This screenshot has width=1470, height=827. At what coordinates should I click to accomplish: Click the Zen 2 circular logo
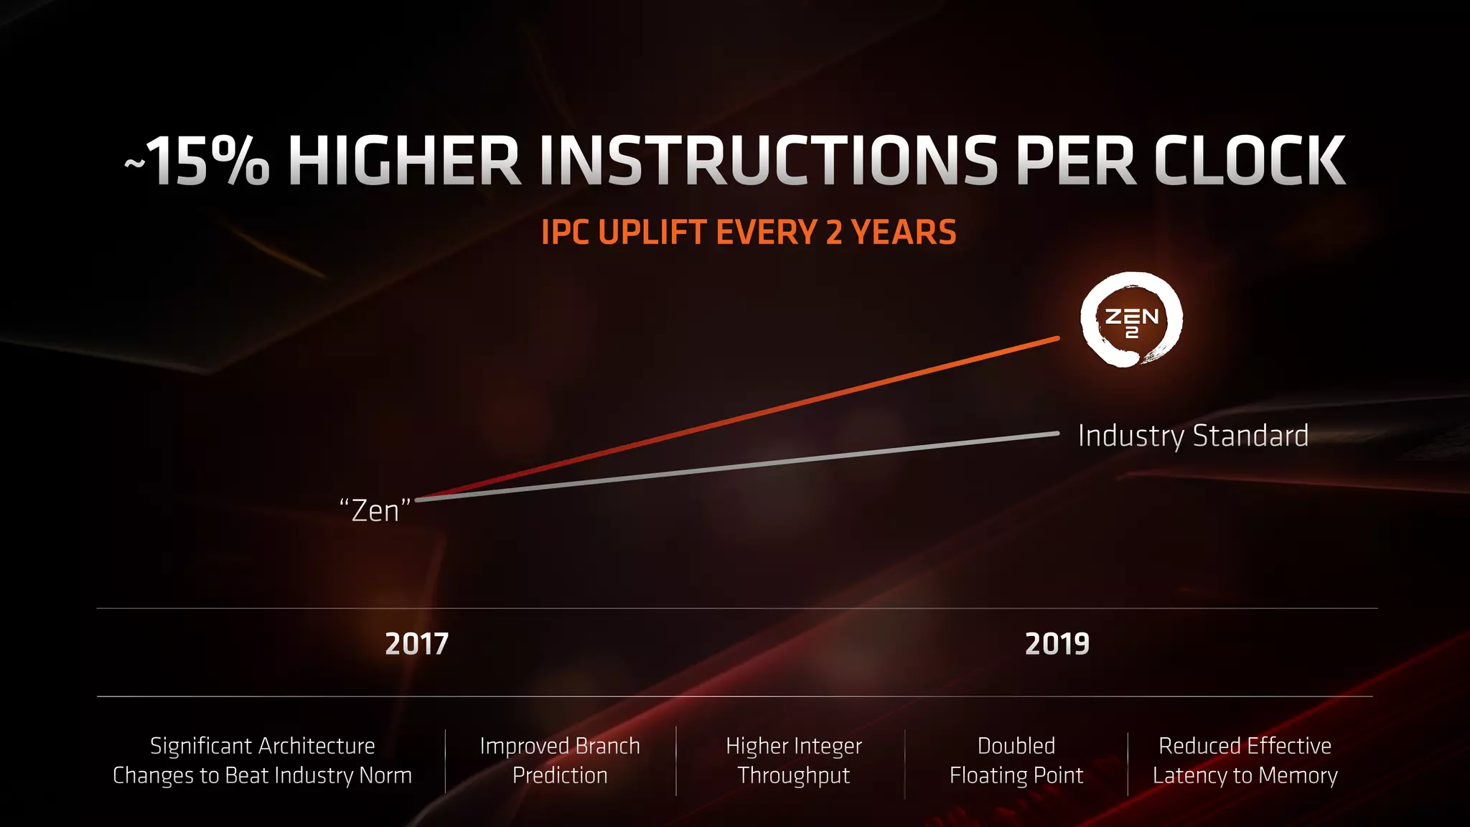(1131, 319)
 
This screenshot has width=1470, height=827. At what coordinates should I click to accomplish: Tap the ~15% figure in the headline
(198, 162)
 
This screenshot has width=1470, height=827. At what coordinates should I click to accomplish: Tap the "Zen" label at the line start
(375, 511)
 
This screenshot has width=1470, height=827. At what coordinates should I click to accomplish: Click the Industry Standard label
(1193, 436)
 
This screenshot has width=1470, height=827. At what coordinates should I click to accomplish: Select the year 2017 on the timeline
(416, 644)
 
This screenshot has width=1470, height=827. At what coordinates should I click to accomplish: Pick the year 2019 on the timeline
(1057, 644)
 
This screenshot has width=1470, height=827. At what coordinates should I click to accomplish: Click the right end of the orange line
(1057, 338)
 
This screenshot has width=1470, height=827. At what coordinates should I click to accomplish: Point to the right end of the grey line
(1057, 434)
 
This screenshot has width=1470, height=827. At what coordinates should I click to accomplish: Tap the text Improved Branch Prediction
(560, 761)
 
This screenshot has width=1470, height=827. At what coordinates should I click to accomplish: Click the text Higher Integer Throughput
(794, 761)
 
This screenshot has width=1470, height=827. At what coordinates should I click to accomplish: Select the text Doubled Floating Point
(1016, 761)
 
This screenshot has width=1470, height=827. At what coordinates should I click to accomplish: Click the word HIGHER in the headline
(403, 162)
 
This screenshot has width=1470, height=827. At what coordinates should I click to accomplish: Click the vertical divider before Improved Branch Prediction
(445, 762)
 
